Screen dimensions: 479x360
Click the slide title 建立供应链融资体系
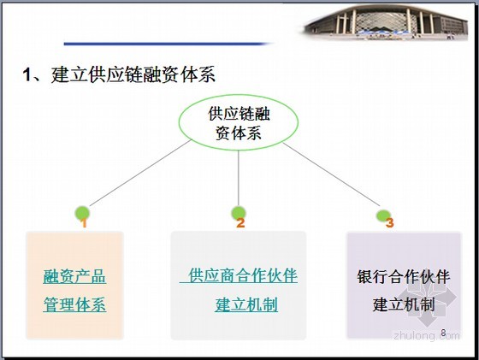pyautogui.click(x=133, y=74)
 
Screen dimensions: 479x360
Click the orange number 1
pyautogui.click(x=84, y=223)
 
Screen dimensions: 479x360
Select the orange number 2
pyautogui.click(x=240, y=223)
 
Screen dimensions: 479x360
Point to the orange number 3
pyautogui.click(x=389, y=222)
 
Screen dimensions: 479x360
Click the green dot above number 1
pyautogui.click(x=82, y=213)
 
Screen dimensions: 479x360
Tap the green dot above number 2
pyautogui.click(x=239, y=213)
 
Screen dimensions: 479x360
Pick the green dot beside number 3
pyautogui.click(x=383, y=215)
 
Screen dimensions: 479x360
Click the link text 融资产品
pyautogui.click(x=74, y=277)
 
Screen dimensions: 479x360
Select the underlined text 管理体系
pyautogui.click(x=75, y=304)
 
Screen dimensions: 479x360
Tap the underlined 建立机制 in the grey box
pyautogui.click(x=246, y=304)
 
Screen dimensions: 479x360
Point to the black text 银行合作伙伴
pyautogui.click(x=404, y=277)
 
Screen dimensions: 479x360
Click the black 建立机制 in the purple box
pyautogui.click(x=404, y=304)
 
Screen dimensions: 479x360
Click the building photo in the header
pyautogui.click(x=386, y=22)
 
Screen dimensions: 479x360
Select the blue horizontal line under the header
pyautogui.click(x=167, y=44)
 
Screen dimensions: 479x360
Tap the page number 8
pyautogui.click(x=444, y=333)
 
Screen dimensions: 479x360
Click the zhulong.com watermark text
pyautogui.click(x=427, y=335)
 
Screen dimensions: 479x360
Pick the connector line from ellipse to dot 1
pyautogui.click(x=140, y=173)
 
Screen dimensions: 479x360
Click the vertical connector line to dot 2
pyautogui.click(x=239, y=179)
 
